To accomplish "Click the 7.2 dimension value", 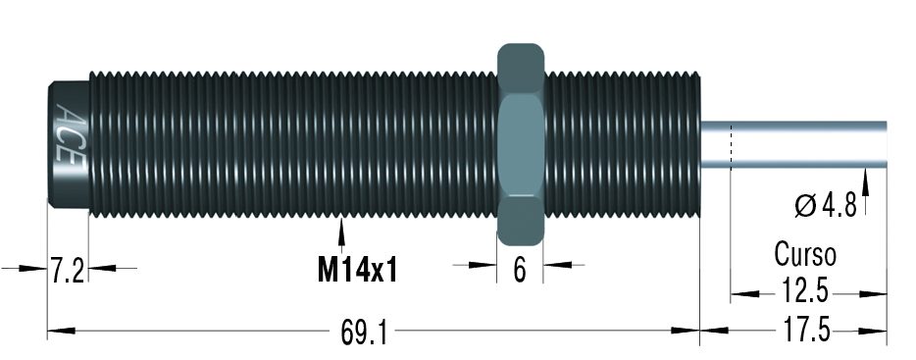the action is (69, 271).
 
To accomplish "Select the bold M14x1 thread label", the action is (358, 270).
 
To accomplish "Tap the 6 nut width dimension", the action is (520, 270).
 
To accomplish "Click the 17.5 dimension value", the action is (805, 331).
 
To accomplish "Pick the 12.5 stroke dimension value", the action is (804, 291).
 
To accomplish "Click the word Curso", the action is (805, 254).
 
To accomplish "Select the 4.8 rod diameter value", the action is (839, 206).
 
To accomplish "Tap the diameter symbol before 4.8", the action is (805, 206).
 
